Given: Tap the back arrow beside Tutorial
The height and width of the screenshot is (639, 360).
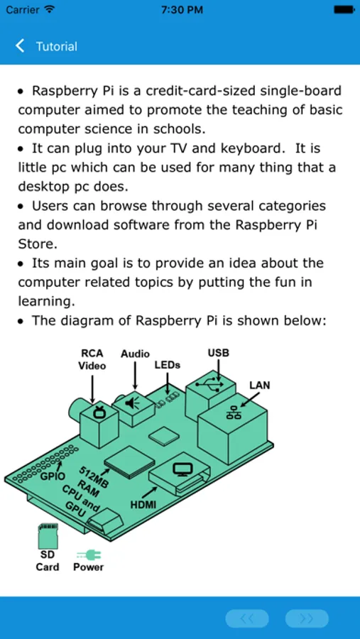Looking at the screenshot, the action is [x=20, y=46].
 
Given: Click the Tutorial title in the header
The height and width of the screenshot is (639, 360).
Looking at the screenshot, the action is [x=57, y=46].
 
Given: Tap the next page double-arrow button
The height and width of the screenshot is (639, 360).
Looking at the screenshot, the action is [x=307, y=618].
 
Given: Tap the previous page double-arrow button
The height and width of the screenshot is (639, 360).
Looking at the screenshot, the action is [x=247, y=618].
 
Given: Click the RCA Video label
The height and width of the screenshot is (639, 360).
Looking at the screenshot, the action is [x=92, y=359].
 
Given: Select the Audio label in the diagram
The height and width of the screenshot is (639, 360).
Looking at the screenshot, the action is [x=135, y=354].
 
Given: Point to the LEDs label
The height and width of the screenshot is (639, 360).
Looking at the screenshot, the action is [x=167, y=365].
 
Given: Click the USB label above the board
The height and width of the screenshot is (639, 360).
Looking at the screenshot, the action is [x=219, y=352].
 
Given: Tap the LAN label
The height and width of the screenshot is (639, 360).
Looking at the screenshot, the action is [x=260, y=385].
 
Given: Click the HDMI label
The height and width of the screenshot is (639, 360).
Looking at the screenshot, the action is [x=143, y=505].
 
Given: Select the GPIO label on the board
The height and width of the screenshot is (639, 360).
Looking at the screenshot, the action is [x=53, y=476].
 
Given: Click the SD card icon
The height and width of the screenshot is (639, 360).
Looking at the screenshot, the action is [x=48, y=536].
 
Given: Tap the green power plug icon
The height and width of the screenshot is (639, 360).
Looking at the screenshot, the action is [x=89, y=555].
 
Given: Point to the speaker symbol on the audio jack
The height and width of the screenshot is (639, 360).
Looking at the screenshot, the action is [x=132, y=403].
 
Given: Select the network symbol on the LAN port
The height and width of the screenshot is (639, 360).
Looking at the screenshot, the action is [x=233, y=413].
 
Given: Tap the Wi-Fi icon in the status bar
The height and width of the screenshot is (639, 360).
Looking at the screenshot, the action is [x=49, y=10].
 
